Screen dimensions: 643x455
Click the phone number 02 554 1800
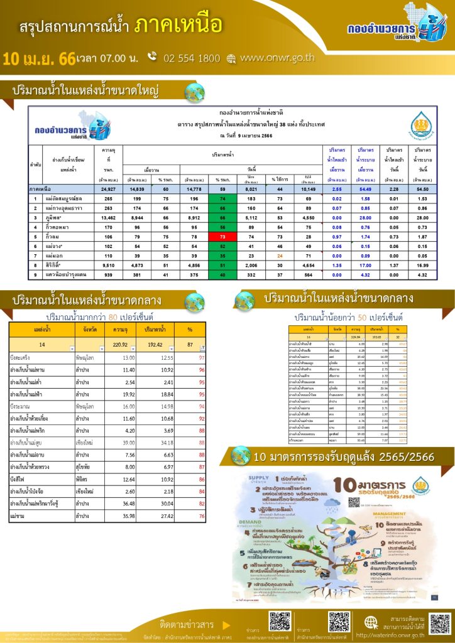coord(191,58)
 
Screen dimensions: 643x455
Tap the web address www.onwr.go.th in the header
coord(277,58)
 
